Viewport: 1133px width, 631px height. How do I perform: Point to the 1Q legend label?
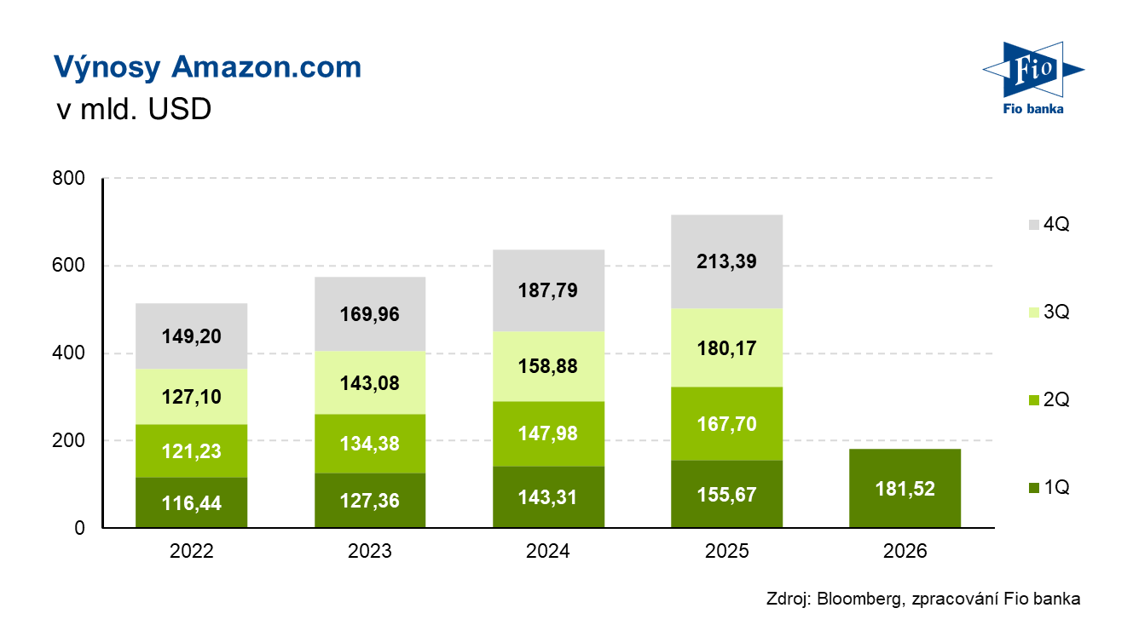click(1056, 488)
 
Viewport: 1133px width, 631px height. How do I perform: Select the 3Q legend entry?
click(1048, 313)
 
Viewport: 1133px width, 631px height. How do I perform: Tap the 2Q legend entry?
click(1048, 400)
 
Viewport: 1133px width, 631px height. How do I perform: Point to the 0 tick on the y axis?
click(80, 528)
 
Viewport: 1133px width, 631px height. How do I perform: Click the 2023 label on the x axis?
click(370, 552)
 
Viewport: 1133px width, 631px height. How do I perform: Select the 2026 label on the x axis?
click(905, 552)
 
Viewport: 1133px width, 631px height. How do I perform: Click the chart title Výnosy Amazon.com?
click(207, 67)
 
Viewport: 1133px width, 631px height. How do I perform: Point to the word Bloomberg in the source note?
click(855, 599)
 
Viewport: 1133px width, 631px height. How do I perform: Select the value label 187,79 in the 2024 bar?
click(548, 290)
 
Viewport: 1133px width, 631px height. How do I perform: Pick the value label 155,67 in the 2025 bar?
click(727, 495)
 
